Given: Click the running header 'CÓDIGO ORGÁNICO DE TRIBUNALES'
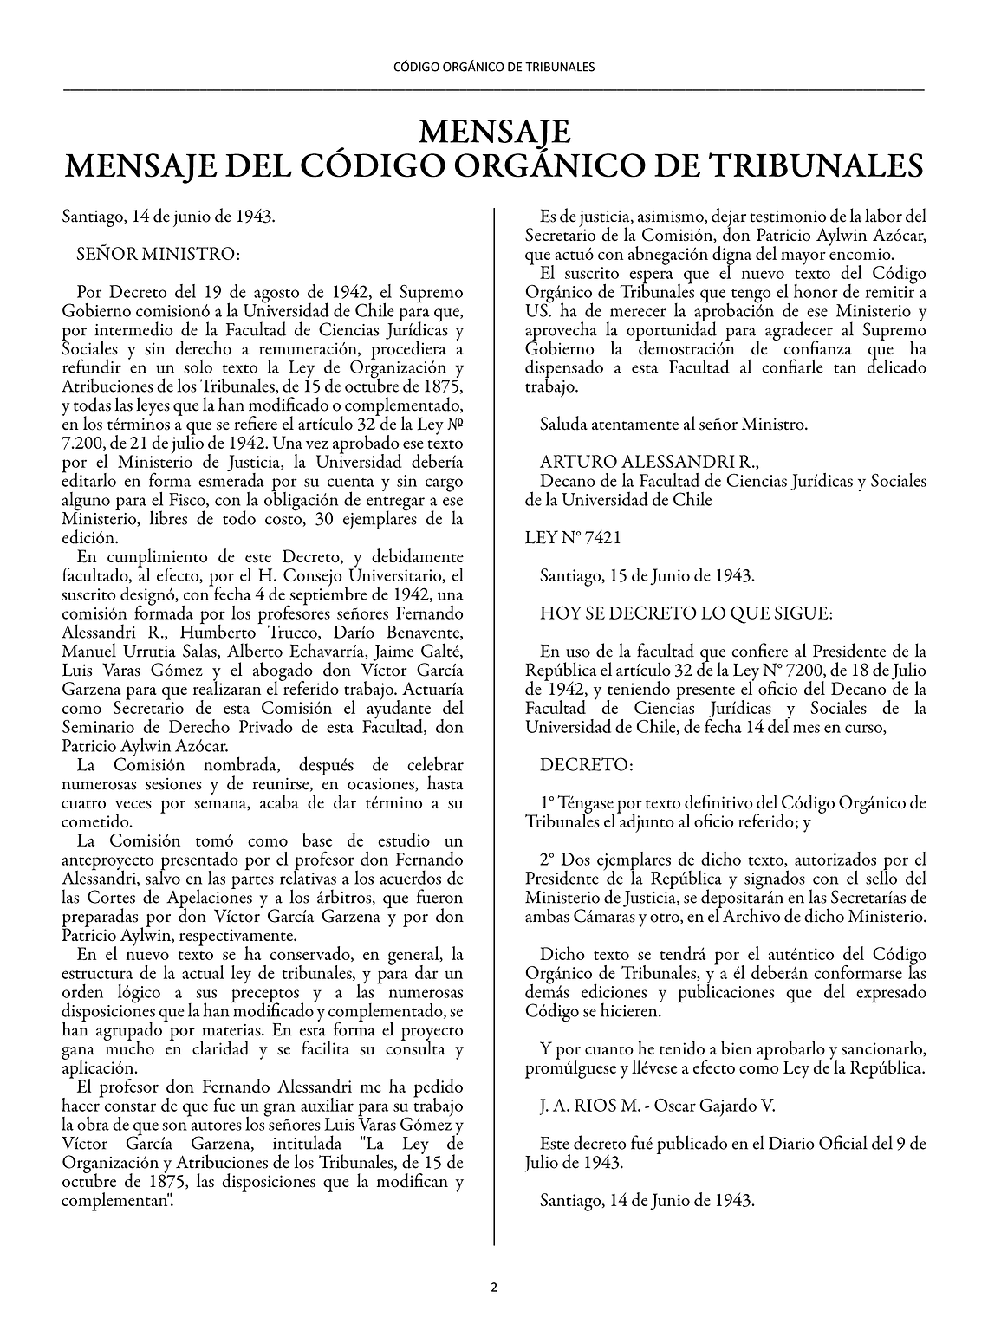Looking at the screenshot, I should (494, 66).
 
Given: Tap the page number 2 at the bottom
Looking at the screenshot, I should (494, 1288).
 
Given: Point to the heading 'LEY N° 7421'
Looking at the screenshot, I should (573, 537).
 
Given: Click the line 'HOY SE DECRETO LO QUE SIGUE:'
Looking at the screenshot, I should (686, 613).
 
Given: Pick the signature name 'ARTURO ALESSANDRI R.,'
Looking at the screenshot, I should (642, 462).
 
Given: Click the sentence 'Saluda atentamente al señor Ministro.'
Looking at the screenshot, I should (673, 425).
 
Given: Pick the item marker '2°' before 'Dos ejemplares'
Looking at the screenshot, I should (547, 859).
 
